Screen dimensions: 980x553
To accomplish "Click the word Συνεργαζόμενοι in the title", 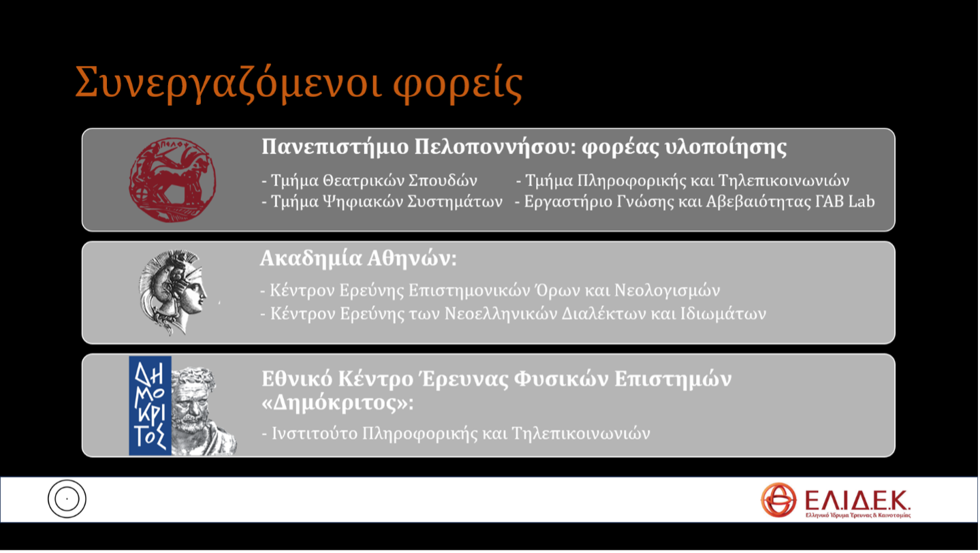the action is (x=228, y=84).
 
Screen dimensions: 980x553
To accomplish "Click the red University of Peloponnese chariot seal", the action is (x=172, y=180).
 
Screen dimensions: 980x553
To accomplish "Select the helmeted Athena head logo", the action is (x=172, y=291).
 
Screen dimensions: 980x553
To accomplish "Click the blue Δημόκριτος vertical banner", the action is (x=150, y=406).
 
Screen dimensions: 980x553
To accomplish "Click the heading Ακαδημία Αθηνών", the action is (x=358, y=259).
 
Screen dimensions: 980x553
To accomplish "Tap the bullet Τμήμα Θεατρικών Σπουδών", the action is (x=369, y=180).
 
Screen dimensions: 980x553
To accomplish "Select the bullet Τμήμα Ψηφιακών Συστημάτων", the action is (x=382, y=202).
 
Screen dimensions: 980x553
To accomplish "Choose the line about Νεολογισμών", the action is (x=490, y=291).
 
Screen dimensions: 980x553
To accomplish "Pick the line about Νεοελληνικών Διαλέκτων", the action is (x=513, y=314).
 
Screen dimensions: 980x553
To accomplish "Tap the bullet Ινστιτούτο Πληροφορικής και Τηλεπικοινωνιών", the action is (x=456, y=434).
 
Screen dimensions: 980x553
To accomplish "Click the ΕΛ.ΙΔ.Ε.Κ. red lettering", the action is (x=857, y=500).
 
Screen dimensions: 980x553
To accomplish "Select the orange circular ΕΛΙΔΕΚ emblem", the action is (x=778, y=500).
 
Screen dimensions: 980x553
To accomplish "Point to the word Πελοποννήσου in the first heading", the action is (x=495, y=147).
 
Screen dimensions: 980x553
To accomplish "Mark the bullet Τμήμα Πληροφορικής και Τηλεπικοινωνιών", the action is (x=682, y=180).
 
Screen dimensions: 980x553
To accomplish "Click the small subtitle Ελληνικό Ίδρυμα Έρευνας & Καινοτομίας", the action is (x=858, y=516).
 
